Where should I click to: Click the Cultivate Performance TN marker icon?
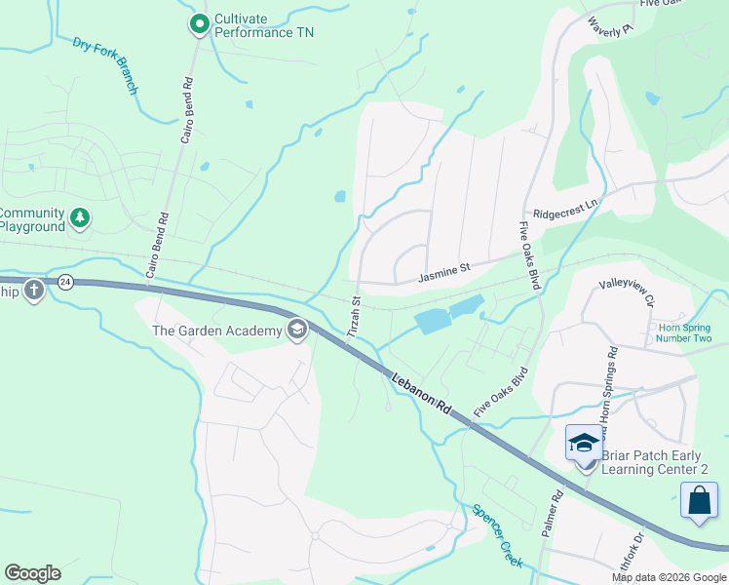199,23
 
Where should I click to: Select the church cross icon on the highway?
34,290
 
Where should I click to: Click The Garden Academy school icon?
296,331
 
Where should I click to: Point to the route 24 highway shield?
65,283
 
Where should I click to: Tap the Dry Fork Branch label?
105,65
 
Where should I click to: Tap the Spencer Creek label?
498,536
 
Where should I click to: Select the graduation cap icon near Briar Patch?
584,443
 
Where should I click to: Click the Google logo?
32,573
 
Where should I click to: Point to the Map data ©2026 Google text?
670,577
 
